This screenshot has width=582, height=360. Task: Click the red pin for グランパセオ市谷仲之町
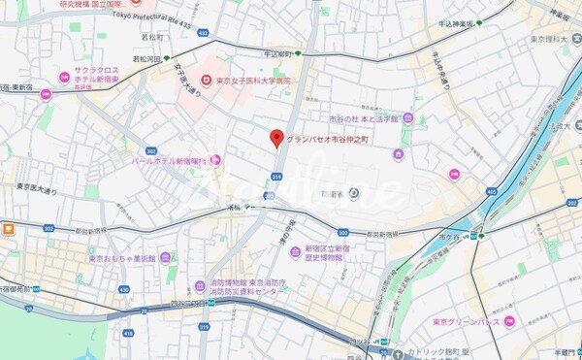[276, 138]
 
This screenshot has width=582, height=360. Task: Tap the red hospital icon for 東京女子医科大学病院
[206, 82]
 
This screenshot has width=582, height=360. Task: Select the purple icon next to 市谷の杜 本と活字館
[407, 118]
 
